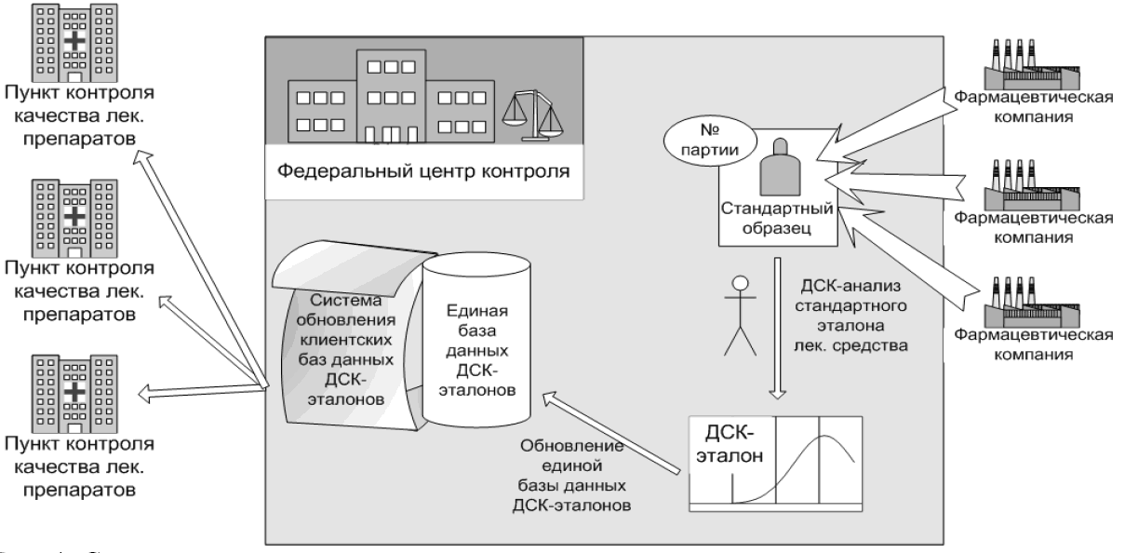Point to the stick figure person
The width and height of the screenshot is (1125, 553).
pyautogui.click(x=741, y=316)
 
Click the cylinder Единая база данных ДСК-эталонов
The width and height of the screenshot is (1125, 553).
pyautogui.click(x=476, y=335)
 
